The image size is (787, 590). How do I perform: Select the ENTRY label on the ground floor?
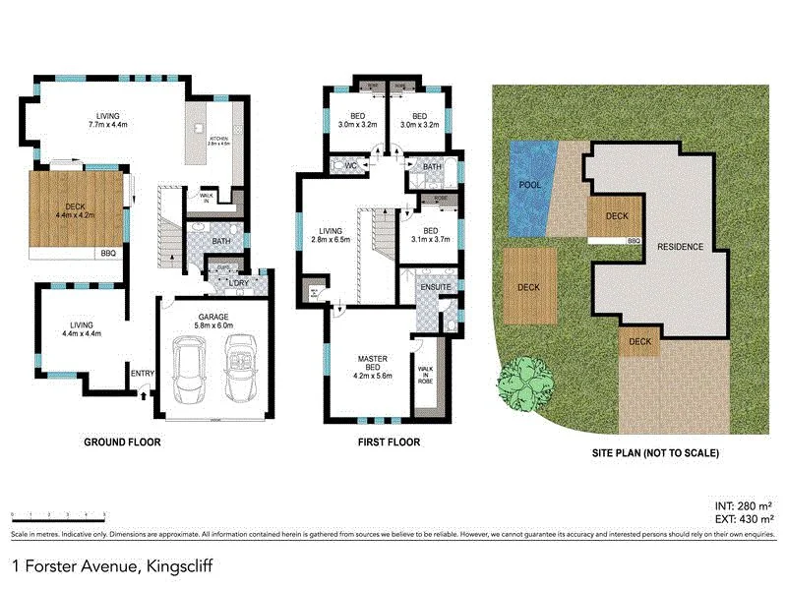143,373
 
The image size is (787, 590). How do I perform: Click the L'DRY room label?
239,284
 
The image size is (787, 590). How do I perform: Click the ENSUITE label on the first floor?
433,287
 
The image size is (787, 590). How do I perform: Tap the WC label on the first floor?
349,166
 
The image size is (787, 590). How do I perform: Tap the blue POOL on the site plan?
528,185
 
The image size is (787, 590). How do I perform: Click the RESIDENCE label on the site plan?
680,246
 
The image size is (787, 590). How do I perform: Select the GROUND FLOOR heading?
123,442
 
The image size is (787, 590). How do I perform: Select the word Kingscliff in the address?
179,566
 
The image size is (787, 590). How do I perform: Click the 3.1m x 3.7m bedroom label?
429,232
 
